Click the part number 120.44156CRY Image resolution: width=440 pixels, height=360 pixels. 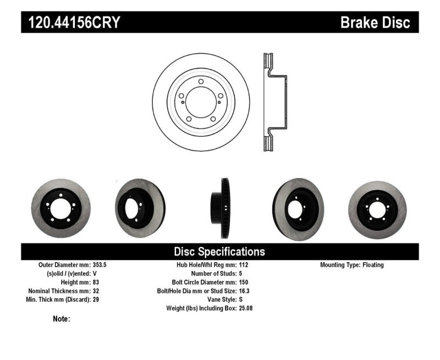tap(71, 23)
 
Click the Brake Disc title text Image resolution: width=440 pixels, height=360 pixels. tap(375, 23)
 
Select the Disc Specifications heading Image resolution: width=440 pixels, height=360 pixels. tap(219, 252)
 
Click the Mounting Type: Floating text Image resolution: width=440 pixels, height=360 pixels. tap(352, 264)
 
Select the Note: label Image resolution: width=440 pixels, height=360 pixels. tap(62, 319)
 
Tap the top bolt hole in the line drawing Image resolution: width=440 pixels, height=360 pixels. tap(201, 82)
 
